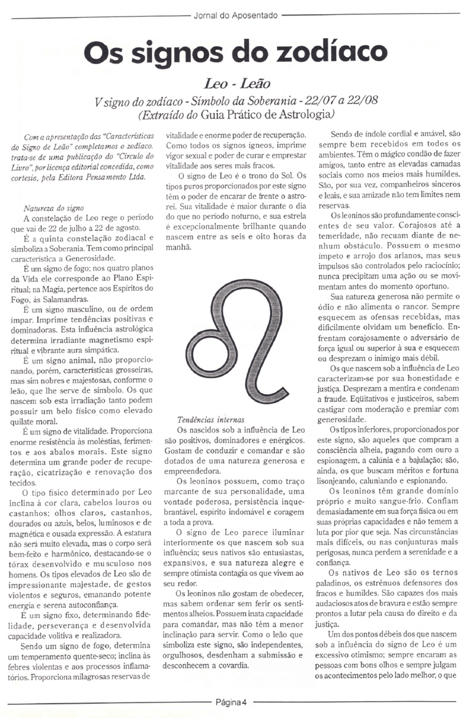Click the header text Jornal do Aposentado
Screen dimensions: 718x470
point(235,16)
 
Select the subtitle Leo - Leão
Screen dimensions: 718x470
point(236,83)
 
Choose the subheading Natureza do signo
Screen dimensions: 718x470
point(54,208)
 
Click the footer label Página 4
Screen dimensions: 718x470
point(231,701)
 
